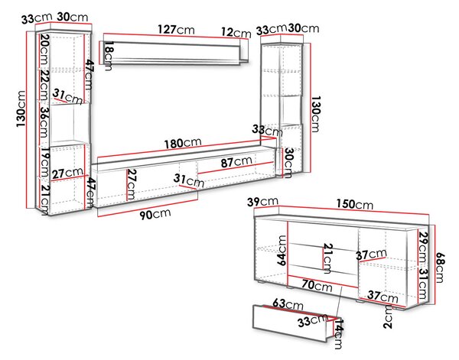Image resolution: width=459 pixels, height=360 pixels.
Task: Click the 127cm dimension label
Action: coord(176,29)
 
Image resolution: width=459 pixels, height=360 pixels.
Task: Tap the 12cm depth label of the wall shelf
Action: coord(236,32)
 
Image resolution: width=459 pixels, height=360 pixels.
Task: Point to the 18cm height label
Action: coord(109,56)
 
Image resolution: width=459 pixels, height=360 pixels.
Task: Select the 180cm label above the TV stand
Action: coord(183,143)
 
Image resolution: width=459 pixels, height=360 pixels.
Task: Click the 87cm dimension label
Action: coord(236,161)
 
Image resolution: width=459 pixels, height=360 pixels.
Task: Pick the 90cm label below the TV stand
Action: coord(155,214)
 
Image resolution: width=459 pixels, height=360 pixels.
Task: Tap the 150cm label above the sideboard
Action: coord(354,204)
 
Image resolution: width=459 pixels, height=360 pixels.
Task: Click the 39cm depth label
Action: coord(262,202)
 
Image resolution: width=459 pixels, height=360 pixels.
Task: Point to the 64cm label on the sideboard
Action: coord(282,251)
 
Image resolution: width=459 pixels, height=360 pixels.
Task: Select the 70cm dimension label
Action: coord(317,285)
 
